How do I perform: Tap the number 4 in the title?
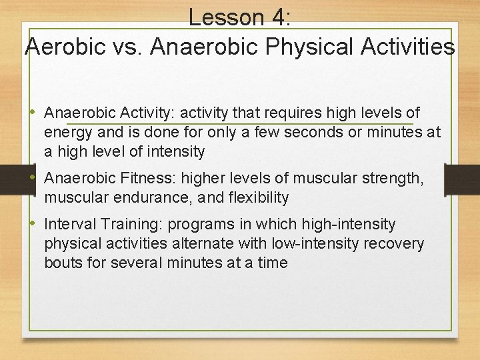point(275,17)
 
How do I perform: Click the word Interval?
point(71,225)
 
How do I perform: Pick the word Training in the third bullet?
point(133,225)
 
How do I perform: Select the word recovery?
point(393,243)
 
